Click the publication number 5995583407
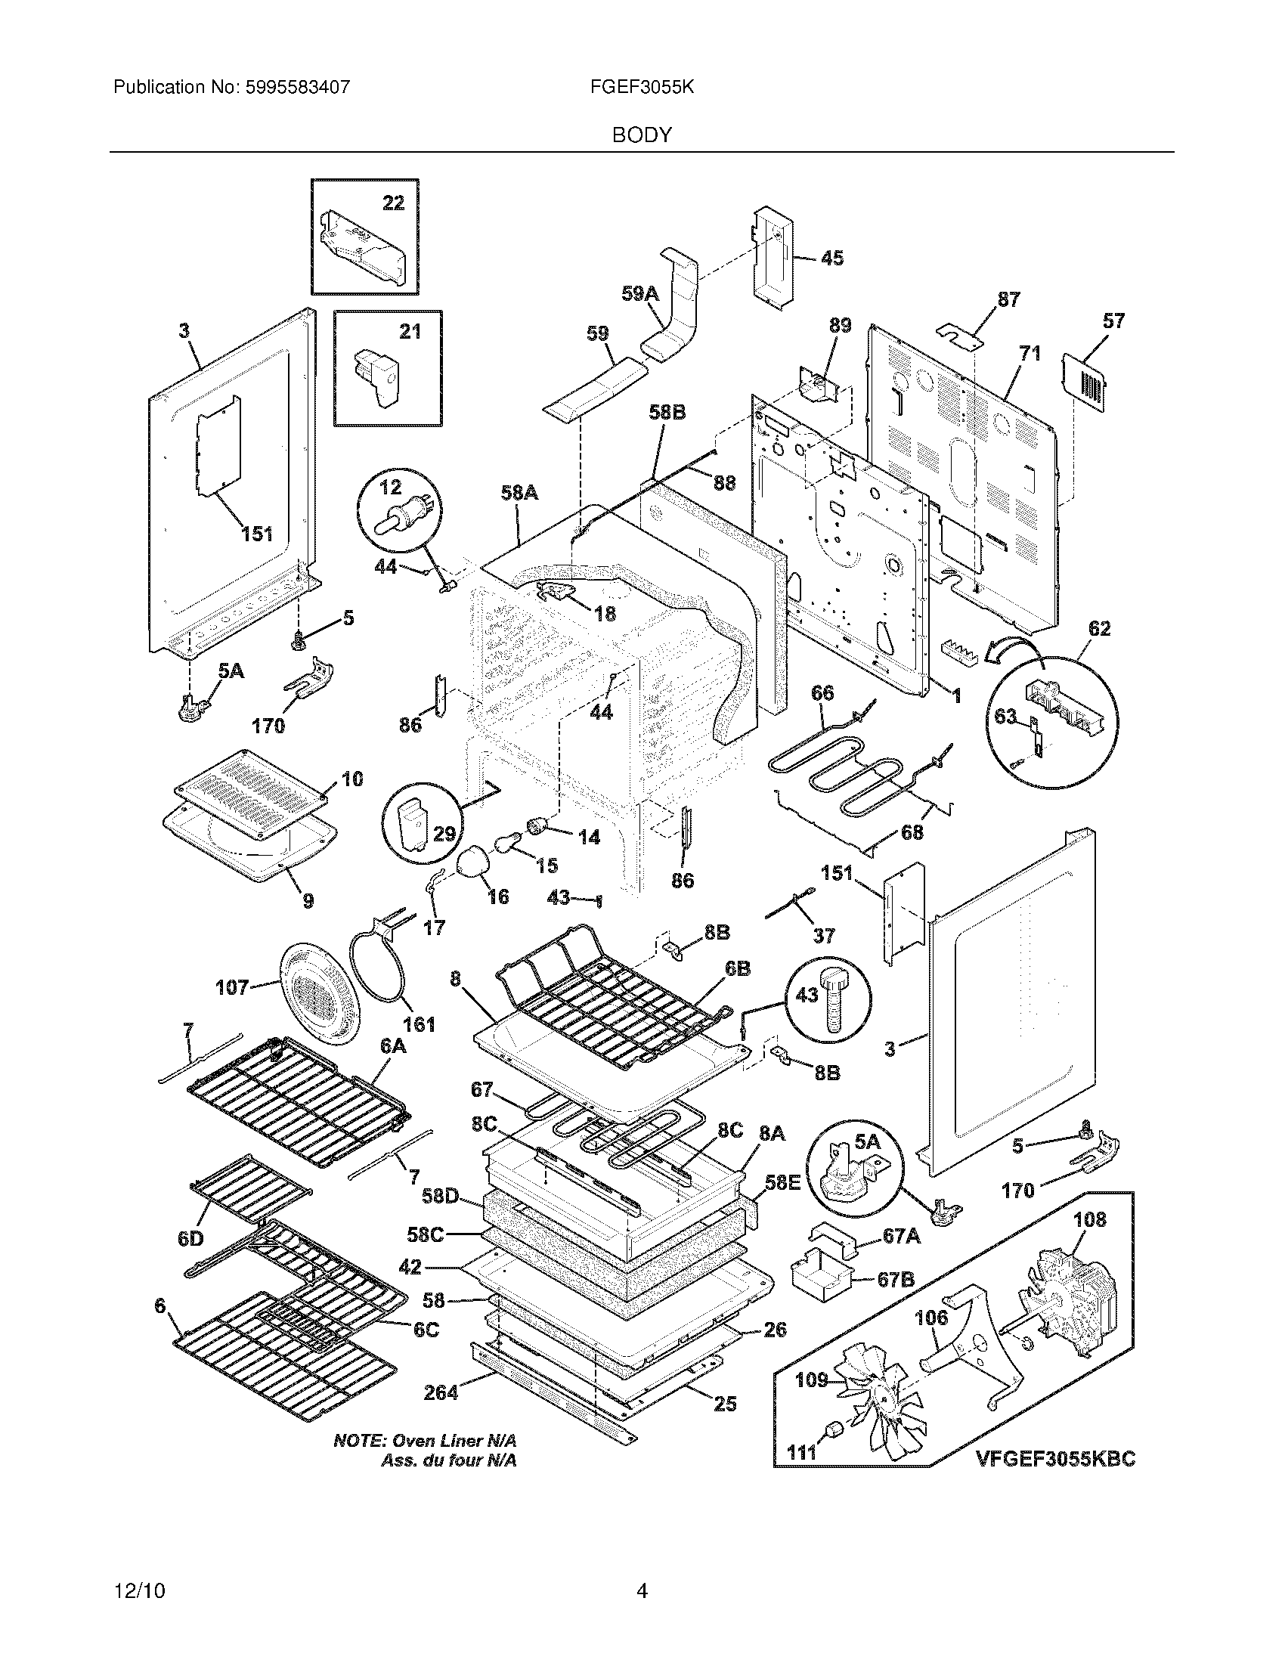[x=297, y=87]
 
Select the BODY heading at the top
[x=642, y=135]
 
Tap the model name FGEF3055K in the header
[x=642, y=87]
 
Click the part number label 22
[x=393, y=203]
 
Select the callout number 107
[x=231, y=988]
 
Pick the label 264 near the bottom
[x=441, y=1392]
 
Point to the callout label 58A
[x=519, y=494]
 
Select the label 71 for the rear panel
[x=1030, y=353]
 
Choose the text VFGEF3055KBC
[x=1055, y=1458]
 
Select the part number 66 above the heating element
[x=822, y=693]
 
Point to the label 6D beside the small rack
[x=190, y=1239]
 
